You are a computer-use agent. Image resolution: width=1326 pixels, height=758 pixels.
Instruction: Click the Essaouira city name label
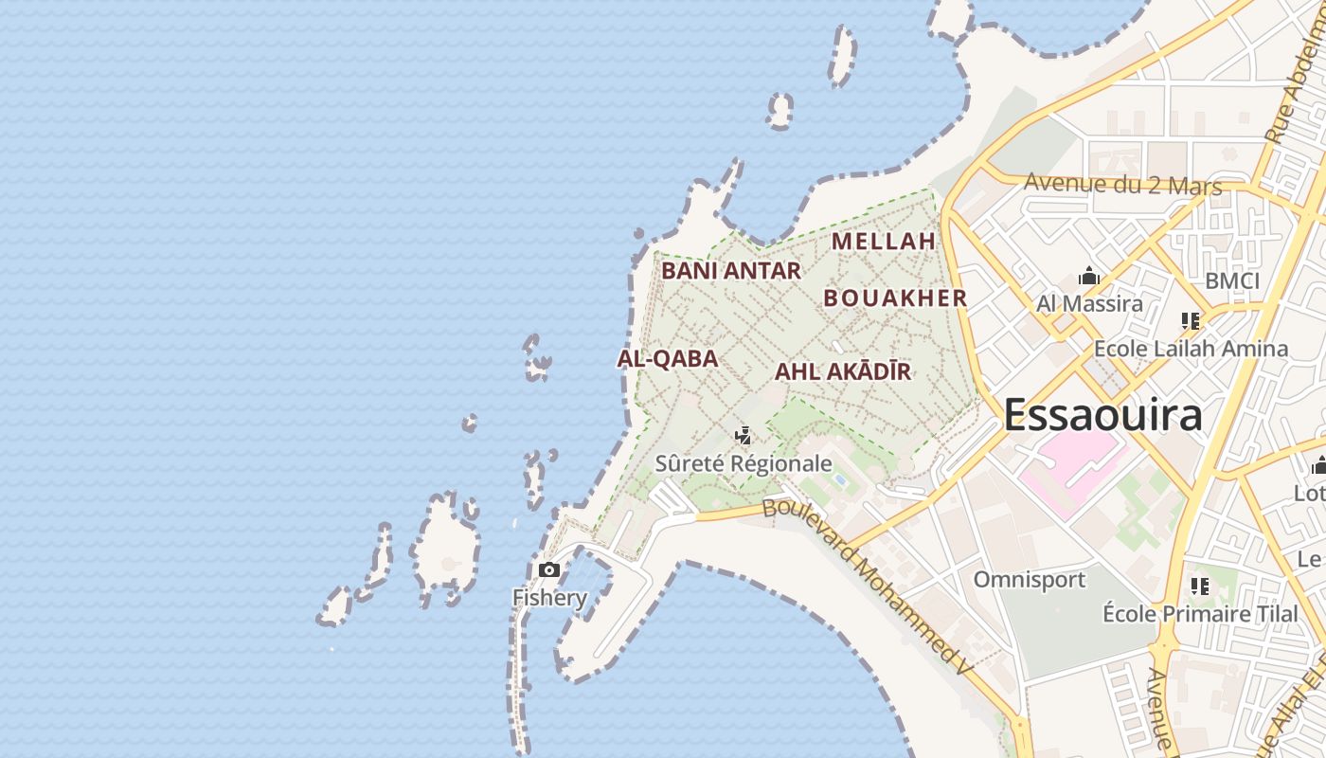point(1102,415)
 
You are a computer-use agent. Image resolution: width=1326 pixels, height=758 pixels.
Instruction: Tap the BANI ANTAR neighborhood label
point(730,271)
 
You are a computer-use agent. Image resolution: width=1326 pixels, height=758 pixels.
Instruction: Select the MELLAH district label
point(884,242)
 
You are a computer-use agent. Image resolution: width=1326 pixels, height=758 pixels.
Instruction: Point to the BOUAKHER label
point(895,298)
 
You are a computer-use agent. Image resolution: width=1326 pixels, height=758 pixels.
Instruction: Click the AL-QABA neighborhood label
point(667,359)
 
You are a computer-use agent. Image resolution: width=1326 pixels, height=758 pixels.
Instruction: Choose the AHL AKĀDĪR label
point(843,371)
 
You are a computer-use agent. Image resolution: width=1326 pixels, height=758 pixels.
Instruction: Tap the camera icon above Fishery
point(548,569)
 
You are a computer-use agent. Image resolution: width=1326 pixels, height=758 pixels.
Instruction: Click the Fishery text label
point(549,598)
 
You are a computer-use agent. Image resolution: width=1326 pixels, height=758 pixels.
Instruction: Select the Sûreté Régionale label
point(744,463)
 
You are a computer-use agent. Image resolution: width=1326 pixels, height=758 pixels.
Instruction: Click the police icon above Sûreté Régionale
point(744,436)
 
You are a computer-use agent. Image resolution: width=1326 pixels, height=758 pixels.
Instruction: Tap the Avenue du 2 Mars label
point(1123,184)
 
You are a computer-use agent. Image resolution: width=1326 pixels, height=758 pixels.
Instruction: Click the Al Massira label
point(1089,304)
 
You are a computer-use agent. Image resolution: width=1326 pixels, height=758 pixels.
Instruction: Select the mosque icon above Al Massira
point(1089,277)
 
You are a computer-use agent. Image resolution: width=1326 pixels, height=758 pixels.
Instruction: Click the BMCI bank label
point(1232,281)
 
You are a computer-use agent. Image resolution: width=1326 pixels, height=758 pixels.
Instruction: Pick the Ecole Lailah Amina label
point(1191,349)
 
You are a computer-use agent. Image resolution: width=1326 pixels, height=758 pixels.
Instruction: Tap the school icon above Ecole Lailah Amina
point(1191,321)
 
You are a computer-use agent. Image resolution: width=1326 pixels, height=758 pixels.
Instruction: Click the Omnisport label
point(1030,579)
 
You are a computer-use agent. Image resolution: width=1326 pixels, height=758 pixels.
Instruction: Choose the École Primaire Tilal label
point(1200,614)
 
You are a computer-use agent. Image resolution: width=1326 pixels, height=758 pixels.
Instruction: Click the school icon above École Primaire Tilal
point(1200,587)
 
